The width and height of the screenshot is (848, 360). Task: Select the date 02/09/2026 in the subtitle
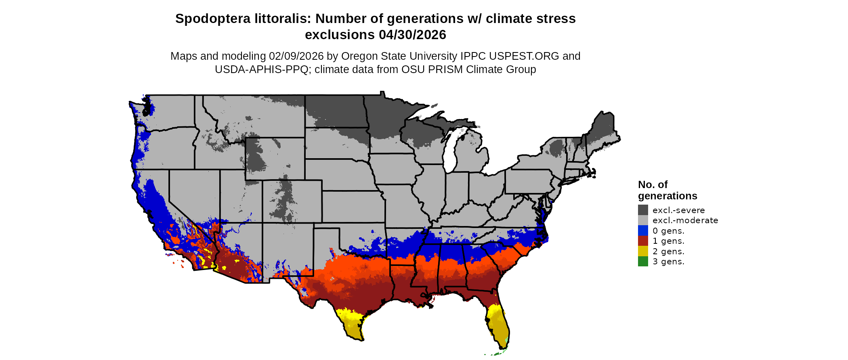pyautogui.click(x=296, y=56)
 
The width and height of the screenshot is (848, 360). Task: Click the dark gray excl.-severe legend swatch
pyautogui.click(x=643, y=210)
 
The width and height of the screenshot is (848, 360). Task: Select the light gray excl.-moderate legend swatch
pyautogui.click(x=643, y=220)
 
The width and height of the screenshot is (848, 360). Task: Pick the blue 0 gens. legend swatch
pyautogui.click(x=643, y=230)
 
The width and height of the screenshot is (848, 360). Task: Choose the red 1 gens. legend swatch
pyautogui.click(x=643, y=241)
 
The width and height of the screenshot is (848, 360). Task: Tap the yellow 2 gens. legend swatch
pyautogui.click(x=643, y=251)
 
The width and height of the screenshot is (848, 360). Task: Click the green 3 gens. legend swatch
pyautogui.click(x=643, y=262)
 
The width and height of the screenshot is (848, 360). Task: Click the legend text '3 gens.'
pyautogui.click(x=668, y=262)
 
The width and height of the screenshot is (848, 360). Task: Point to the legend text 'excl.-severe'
pyautogui.click(x=678, y=210)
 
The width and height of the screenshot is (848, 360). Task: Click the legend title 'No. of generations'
pyautogui.click(x=667, y=190)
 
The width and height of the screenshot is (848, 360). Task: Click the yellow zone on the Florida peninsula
pyautogui.click(x=499, y=323)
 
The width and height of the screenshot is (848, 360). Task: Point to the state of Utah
pyautogui.click(x=238, y=198)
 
